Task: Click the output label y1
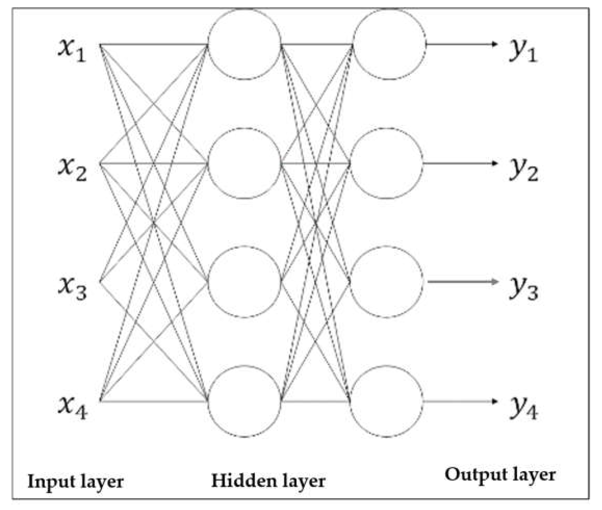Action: pyautogui.click(x=523, y=51)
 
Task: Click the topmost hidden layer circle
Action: pyautogui.click(x=244, y=44)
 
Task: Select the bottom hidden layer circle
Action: pyautogui.click(x=244, y=401)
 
